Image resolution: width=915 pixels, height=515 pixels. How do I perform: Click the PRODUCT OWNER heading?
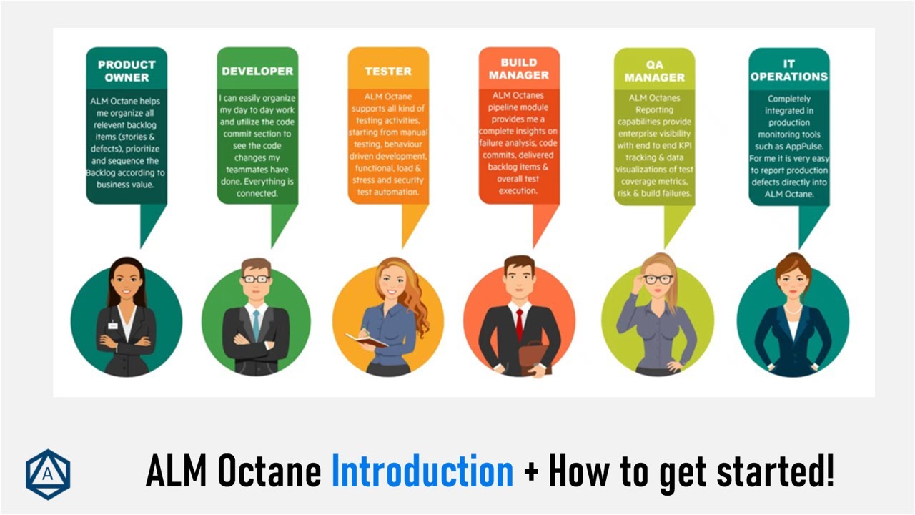(x=127, y=70)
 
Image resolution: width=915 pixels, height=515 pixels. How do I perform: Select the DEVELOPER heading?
(x=257, y=71)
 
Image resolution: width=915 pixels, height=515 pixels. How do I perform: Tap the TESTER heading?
(x=388, y=71)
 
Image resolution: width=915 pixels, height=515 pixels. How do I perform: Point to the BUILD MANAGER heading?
(x=519, y=69)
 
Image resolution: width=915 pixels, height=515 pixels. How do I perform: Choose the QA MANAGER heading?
(x=654, y=70)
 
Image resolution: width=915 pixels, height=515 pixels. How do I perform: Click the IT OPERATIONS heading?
(x=789, y=70)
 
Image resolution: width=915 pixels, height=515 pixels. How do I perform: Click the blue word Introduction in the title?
(x=422, y=473)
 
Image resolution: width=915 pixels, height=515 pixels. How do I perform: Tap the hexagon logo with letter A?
(x=48, y=474)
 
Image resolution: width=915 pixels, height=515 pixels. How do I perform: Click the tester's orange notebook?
(x=366, y=340)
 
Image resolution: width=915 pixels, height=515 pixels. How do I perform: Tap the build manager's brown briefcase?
(x=533, y=353)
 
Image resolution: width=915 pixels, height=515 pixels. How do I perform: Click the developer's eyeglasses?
(x=256, y=279)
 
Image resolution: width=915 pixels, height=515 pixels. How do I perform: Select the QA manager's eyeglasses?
(x=658, y=279)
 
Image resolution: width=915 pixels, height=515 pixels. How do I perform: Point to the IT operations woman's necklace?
(x=792, y=310)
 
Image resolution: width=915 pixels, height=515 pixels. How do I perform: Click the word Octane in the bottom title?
(x=269, y=473)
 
